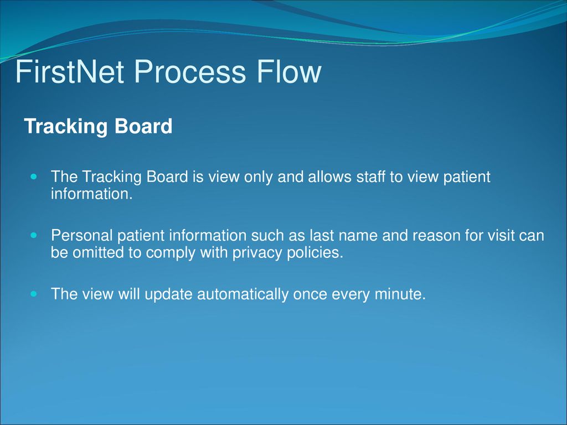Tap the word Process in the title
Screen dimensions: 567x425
(x=190, y=71)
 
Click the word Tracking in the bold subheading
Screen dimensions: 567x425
(x=66, y=127)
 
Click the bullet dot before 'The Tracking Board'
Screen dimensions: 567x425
(x=34, y=177)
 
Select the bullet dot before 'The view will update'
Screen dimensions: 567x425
(x=34, y=294)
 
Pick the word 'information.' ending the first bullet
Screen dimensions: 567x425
(x=92, y=194)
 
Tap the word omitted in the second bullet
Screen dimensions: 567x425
(x=97, y=252)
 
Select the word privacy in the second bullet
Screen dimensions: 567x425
(x=257, y=253)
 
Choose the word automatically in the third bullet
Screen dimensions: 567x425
(x=243, y=294)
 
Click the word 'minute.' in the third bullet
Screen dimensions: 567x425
(x=400, y=294)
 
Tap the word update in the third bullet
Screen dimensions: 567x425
(x=168, y=294)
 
